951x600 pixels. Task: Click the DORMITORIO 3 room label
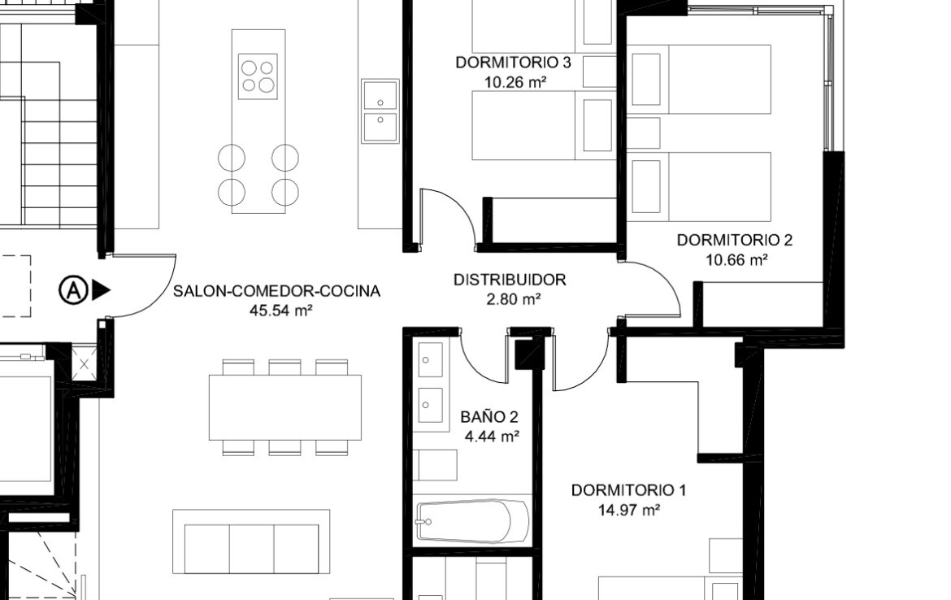pos(513,63)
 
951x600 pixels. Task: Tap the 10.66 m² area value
pos(737,259)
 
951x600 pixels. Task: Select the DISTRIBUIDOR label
pos(510,280)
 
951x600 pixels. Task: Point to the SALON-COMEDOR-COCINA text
pos(276,291)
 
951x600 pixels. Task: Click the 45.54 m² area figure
pos(280,311)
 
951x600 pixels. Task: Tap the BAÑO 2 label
pos(489,417)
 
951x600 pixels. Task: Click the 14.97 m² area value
pos(629,510)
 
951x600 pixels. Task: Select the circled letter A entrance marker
pos(73,290)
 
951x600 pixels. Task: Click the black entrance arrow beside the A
pos(102,290)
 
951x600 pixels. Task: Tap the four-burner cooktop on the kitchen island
pos(258,76)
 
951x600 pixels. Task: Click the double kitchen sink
pos(380,111)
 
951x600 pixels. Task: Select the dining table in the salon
pos(285,407)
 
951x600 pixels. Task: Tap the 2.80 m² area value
pos(514,299)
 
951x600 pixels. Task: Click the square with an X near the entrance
pos(85,364)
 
